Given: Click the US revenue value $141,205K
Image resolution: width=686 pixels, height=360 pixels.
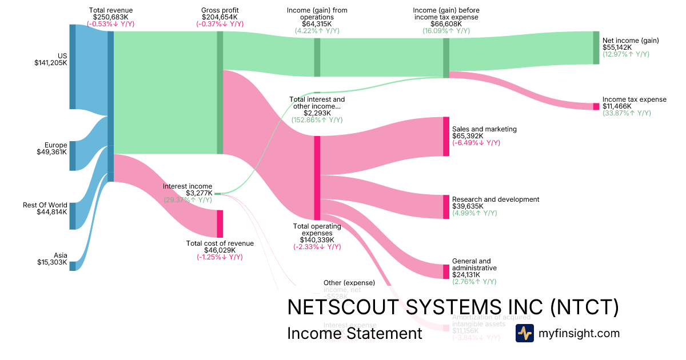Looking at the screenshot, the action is [x=51, y=63].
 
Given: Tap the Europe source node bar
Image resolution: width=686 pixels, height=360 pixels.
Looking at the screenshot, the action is [x=73, y=156].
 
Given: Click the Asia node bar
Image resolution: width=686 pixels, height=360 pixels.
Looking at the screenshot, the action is [x=73, y=266].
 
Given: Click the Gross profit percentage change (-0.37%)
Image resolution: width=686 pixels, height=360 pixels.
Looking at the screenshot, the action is [x=220, y=24].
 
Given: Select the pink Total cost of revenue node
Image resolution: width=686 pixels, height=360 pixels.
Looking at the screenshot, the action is [x=220, y=224].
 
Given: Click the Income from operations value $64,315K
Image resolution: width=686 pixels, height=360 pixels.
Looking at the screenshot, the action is [x=317, y=24].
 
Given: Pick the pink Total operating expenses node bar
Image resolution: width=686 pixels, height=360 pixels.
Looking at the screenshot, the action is [x=317, y=178].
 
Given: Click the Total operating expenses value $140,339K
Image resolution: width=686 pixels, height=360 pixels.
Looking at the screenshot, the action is [x=317, y=240].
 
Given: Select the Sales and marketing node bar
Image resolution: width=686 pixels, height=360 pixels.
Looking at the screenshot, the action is [x=446, y=136].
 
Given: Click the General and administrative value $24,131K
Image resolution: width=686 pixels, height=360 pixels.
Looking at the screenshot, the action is [x=468, y=275].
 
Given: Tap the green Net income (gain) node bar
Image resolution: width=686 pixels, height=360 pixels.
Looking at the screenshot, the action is [x=596, y=48].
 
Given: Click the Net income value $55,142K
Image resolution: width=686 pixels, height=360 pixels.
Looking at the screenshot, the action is [x=617, y=47].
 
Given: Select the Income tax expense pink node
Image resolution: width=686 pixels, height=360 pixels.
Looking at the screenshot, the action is [x=596, y=106].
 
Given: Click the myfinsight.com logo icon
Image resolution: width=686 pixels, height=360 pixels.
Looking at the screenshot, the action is [x=524, y=333].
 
